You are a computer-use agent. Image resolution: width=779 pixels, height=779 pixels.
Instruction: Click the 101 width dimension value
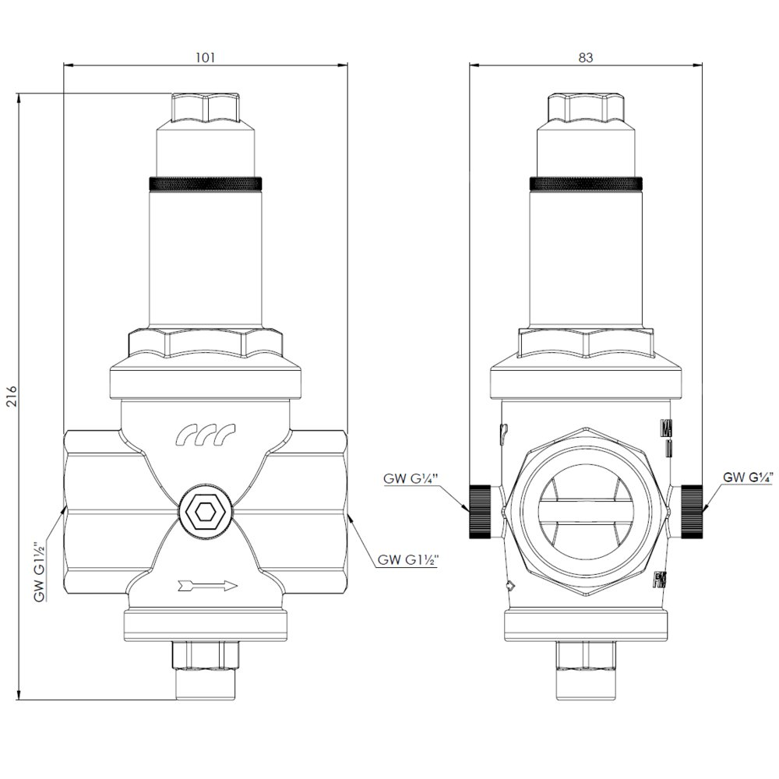point(205,58)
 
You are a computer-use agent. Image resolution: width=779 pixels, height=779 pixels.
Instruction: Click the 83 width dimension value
point(586,58)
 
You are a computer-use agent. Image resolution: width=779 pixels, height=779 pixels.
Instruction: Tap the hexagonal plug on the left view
point(205,512)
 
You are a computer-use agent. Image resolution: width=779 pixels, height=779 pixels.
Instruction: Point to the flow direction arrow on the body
point(206,584)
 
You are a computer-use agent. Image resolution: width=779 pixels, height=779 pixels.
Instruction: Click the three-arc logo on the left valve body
point(206,436)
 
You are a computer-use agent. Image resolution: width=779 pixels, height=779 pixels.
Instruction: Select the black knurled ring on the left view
point(205,184)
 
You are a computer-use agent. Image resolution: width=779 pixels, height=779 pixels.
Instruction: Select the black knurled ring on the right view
point(586,184)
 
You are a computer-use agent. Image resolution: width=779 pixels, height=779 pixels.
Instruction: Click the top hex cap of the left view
point(205,109)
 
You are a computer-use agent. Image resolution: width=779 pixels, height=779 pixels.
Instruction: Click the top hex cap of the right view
point(586,109)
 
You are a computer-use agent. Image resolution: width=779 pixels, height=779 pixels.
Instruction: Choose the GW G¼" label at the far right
point(750,477)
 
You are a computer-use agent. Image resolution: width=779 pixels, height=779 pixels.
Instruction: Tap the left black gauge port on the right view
point(479,512)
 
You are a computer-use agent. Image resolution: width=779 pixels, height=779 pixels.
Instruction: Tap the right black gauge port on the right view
point(692,512)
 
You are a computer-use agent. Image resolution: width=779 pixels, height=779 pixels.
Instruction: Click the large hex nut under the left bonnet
point(205,344)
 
